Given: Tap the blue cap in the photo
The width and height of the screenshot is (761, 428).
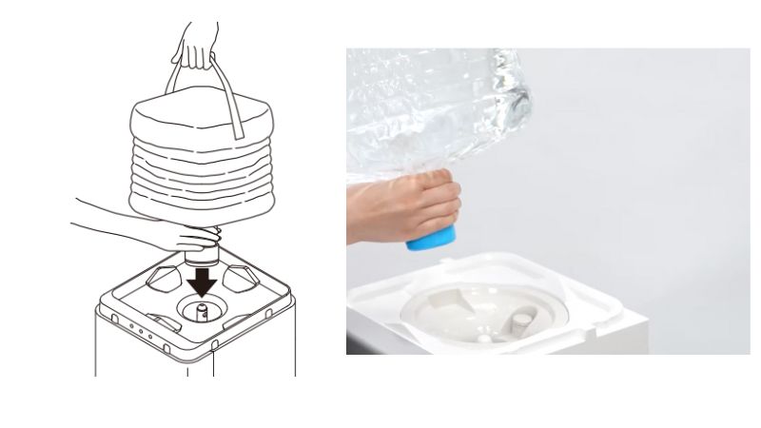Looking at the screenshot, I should point(431,236).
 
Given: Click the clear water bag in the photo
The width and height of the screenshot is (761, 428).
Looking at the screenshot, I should point(447,105).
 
